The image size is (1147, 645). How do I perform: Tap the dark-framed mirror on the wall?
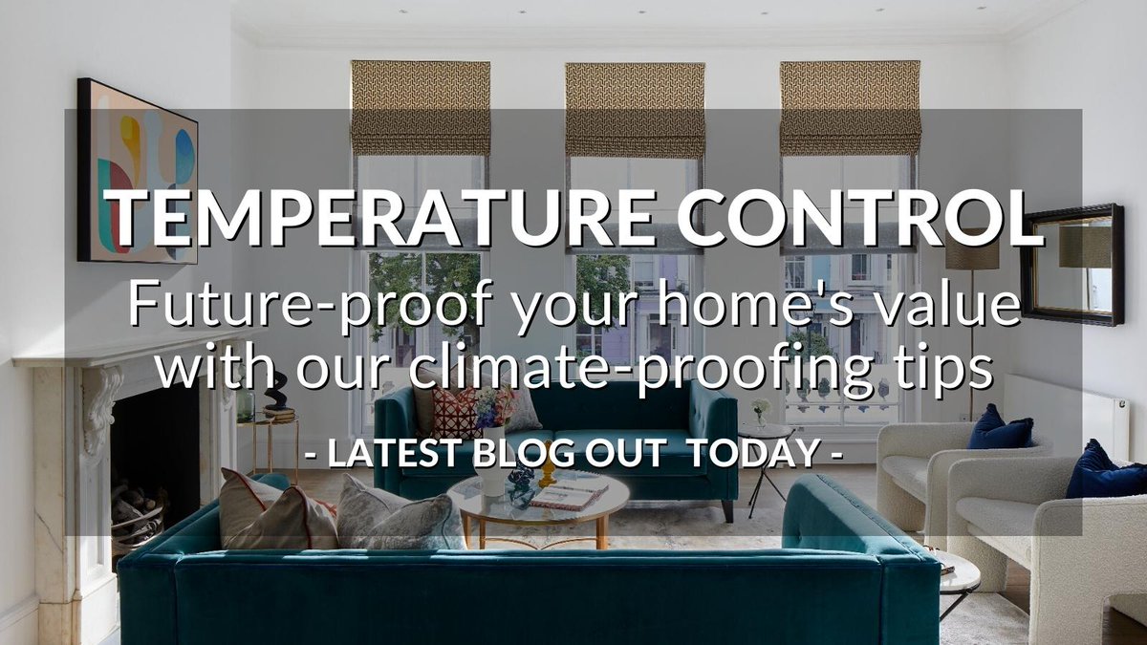[x=1071, y=264]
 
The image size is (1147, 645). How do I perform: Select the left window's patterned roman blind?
[x=421, y=107]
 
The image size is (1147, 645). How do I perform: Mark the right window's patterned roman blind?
[x=849, y=107]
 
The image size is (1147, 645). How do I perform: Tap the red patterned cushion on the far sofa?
[x=457, y=411]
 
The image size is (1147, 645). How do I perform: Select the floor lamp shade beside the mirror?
[x=972, y=253]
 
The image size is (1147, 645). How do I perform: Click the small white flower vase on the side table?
[x=760, y=412]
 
